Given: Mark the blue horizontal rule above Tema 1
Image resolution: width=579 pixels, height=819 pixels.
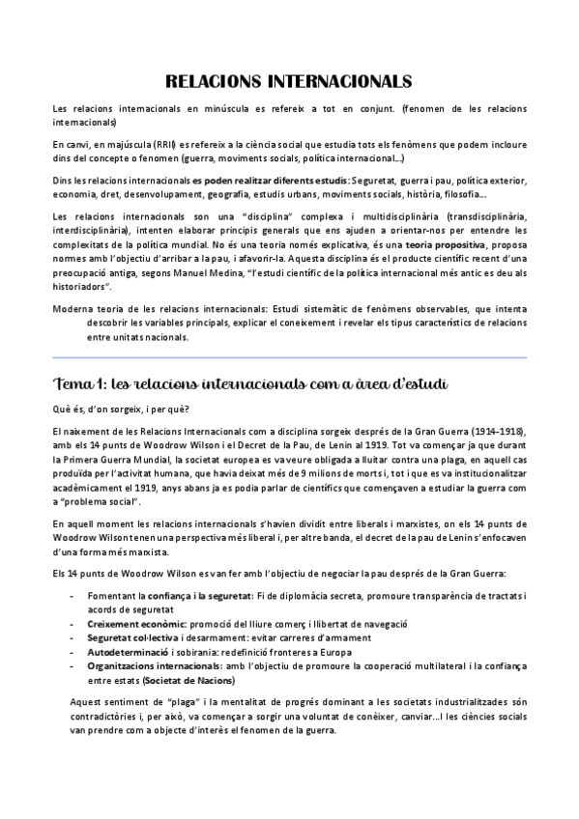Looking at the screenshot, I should [x=289, y=356].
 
